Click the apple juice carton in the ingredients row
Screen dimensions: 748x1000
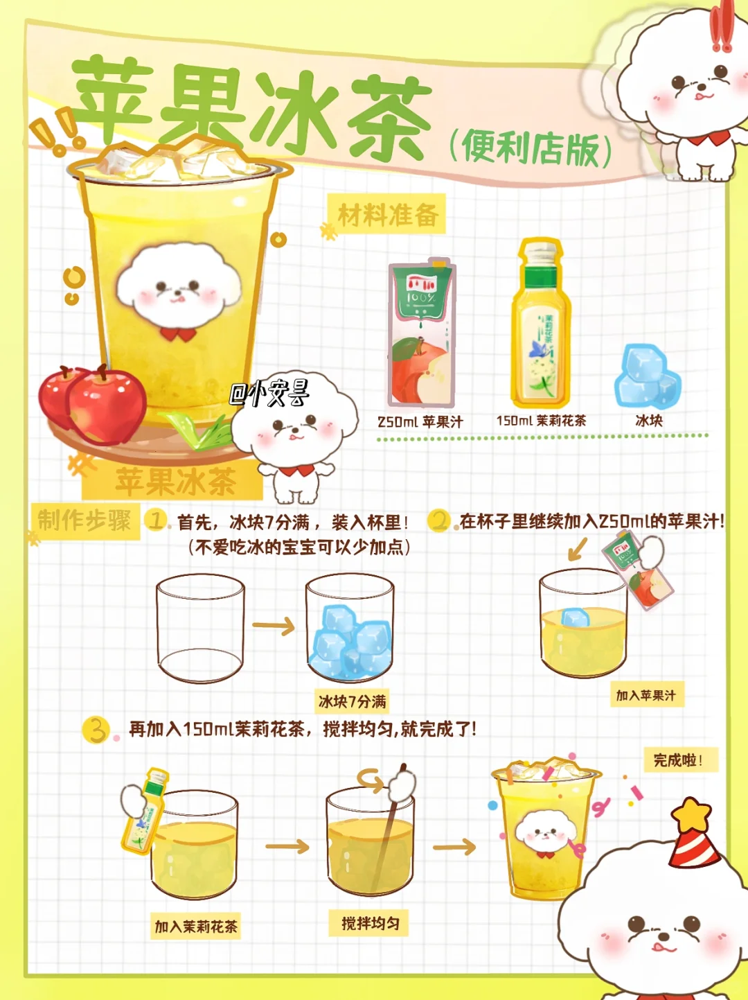(422, 333)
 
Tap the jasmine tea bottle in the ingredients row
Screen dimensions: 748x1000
(541, 324)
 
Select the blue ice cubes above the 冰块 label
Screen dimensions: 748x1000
(648, 376)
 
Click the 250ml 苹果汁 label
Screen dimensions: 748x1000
(420, 422)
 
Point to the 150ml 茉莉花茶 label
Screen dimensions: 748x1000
(542, 421)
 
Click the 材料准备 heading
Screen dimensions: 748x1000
(388, 215)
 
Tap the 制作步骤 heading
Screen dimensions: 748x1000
(84, 520)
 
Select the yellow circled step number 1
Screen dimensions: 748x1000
(155, 520)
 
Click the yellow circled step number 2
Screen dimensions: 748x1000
(439, 520)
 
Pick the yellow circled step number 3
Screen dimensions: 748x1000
(96, 730)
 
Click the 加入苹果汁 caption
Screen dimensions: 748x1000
(646, 696)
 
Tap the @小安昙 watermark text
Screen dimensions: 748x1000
(270, 393)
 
